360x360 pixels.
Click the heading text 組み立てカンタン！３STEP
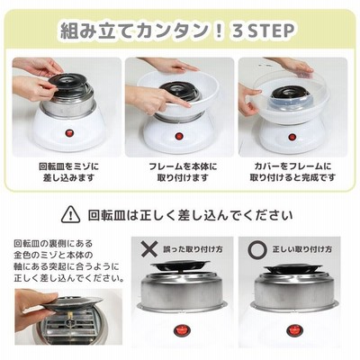click(177, 31)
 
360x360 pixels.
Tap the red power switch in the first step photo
click(68, 132)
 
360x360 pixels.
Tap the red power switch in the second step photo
click(179, 136)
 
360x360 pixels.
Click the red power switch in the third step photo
click(292, 138)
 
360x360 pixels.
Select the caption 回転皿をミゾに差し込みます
click(68, 172)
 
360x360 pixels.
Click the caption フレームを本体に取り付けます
click(183, 172)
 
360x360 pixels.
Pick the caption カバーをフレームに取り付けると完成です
click(292, 172)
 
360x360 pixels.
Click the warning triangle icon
click(70, 214)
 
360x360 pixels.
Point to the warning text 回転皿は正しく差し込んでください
click(190, 215)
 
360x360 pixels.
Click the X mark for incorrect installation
click(149, 249)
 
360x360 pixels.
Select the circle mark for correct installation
click(257, 249)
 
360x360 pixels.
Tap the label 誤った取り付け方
click(193, 249)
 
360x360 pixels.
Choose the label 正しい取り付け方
click(301, 249)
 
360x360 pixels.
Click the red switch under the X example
click(181, 330)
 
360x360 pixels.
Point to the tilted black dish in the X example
click(180, 265)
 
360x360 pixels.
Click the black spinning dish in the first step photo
click(67, 81)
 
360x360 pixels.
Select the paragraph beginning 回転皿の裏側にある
click(68, 260)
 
